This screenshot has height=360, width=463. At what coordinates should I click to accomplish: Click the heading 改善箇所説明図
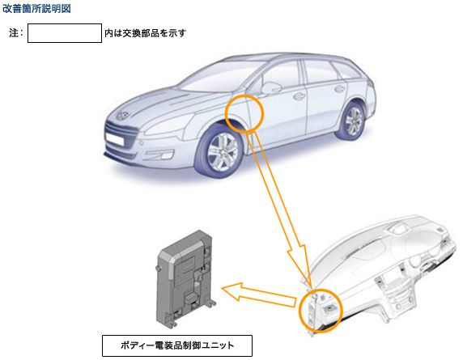point(36,9)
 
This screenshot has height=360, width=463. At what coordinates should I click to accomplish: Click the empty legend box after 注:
point(65,33)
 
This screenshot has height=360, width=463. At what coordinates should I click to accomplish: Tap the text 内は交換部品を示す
point(145,33)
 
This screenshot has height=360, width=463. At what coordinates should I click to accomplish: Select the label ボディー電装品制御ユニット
point(177,345)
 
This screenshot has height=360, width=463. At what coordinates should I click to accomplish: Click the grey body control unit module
point(185,278)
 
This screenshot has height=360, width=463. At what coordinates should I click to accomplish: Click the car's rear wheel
point(352,121)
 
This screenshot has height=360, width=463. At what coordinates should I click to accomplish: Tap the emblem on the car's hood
point(122,115)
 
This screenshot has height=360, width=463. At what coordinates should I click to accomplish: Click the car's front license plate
point(113,138)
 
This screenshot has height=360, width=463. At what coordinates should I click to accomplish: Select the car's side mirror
point(270,87)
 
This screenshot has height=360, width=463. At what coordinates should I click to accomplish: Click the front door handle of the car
point(299,96)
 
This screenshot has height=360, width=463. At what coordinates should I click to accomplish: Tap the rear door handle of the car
point(339,88)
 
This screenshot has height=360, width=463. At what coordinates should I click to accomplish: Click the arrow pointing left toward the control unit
point(259,295)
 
